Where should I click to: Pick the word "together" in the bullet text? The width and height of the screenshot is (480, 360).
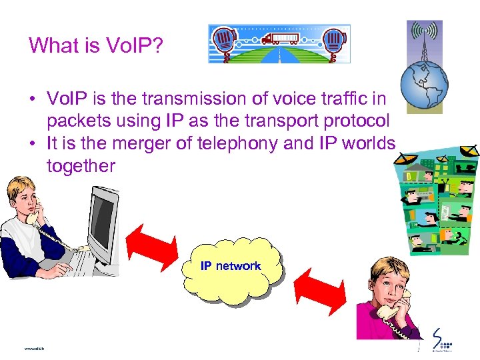(81, 165)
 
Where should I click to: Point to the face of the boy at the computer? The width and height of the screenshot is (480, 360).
(24, 201)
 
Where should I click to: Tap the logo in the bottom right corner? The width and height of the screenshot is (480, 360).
(441, 340)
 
